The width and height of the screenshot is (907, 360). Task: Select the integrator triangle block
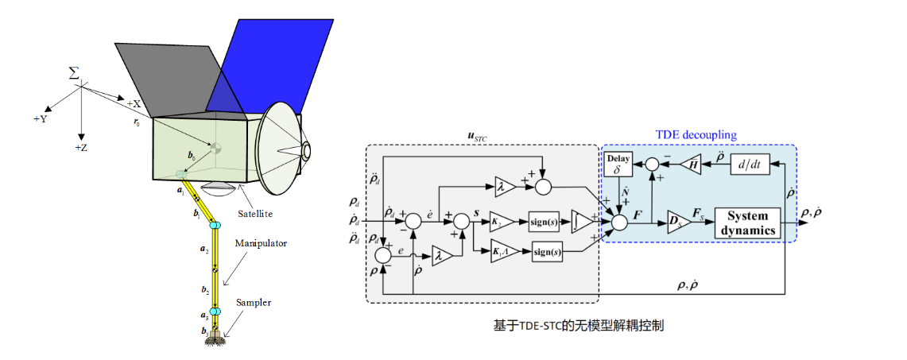pos(580,219)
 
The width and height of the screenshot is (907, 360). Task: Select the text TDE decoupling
pos(696,136)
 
